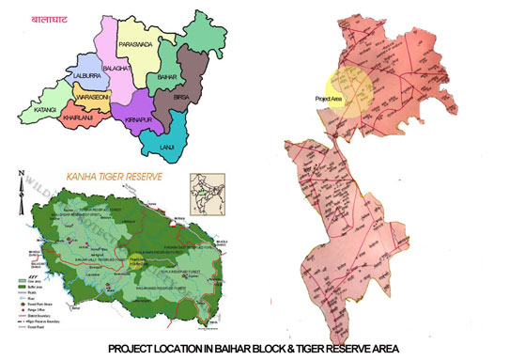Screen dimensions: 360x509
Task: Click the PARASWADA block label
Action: [x=139, y=44]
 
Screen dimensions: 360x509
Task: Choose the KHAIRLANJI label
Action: [x=80, y=118]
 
